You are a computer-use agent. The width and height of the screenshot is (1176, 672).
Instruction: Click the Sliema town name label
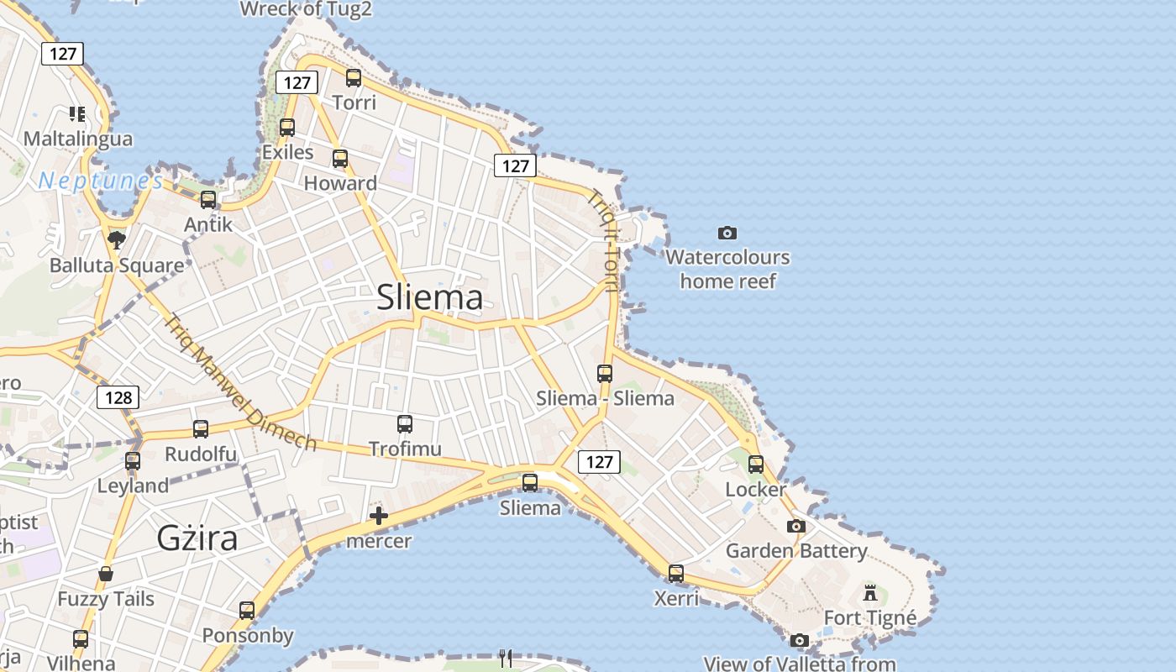430,297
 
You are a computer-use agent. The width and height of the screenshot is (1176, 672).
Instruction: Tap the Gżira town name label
197,538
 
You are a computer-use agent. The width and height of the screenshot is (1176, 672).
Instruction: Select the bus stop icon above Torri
354,78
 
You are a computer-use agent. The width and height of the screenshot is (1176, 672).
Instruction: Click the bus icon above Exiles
287,128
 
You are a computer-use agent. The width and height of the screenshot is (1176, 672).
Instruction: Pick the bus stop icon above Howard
340,159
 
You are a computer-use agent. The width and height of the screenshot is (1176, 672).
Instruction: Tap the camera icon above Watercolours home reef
727,233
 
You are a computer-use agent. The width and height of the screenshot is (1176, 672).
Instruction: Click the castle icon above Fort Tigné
870,593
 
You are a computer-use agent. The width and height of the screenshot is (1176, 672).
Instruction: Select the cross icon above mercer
379,516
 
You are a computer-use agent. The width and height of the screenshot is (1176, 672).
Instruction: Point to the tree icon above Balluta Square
117,240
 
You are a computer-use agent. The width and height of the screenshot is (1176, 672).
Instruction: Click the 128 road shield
118,397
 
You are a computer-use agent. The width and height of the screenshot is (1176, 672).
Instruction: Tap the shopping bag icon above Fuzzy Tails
106,574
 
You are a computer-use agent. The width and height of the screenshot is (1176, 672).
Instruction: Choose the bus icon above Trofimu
405,424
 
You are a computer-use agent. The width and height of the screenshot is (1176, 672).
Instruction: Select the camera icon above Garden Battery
796,527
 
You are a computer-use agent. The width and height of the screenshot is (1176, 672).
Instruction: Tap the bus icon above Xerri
676,574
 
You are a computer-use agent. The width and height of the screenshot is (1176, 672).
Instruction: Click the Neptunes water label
101,180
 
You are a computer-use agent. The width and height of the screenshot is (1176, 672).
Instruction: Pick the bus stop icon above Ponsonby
247,611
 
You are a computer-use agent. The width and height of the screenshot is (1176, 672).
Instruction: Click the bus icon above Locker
756,465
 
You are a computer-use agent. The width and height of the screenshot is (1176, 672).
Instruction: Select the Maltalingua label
78,139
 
